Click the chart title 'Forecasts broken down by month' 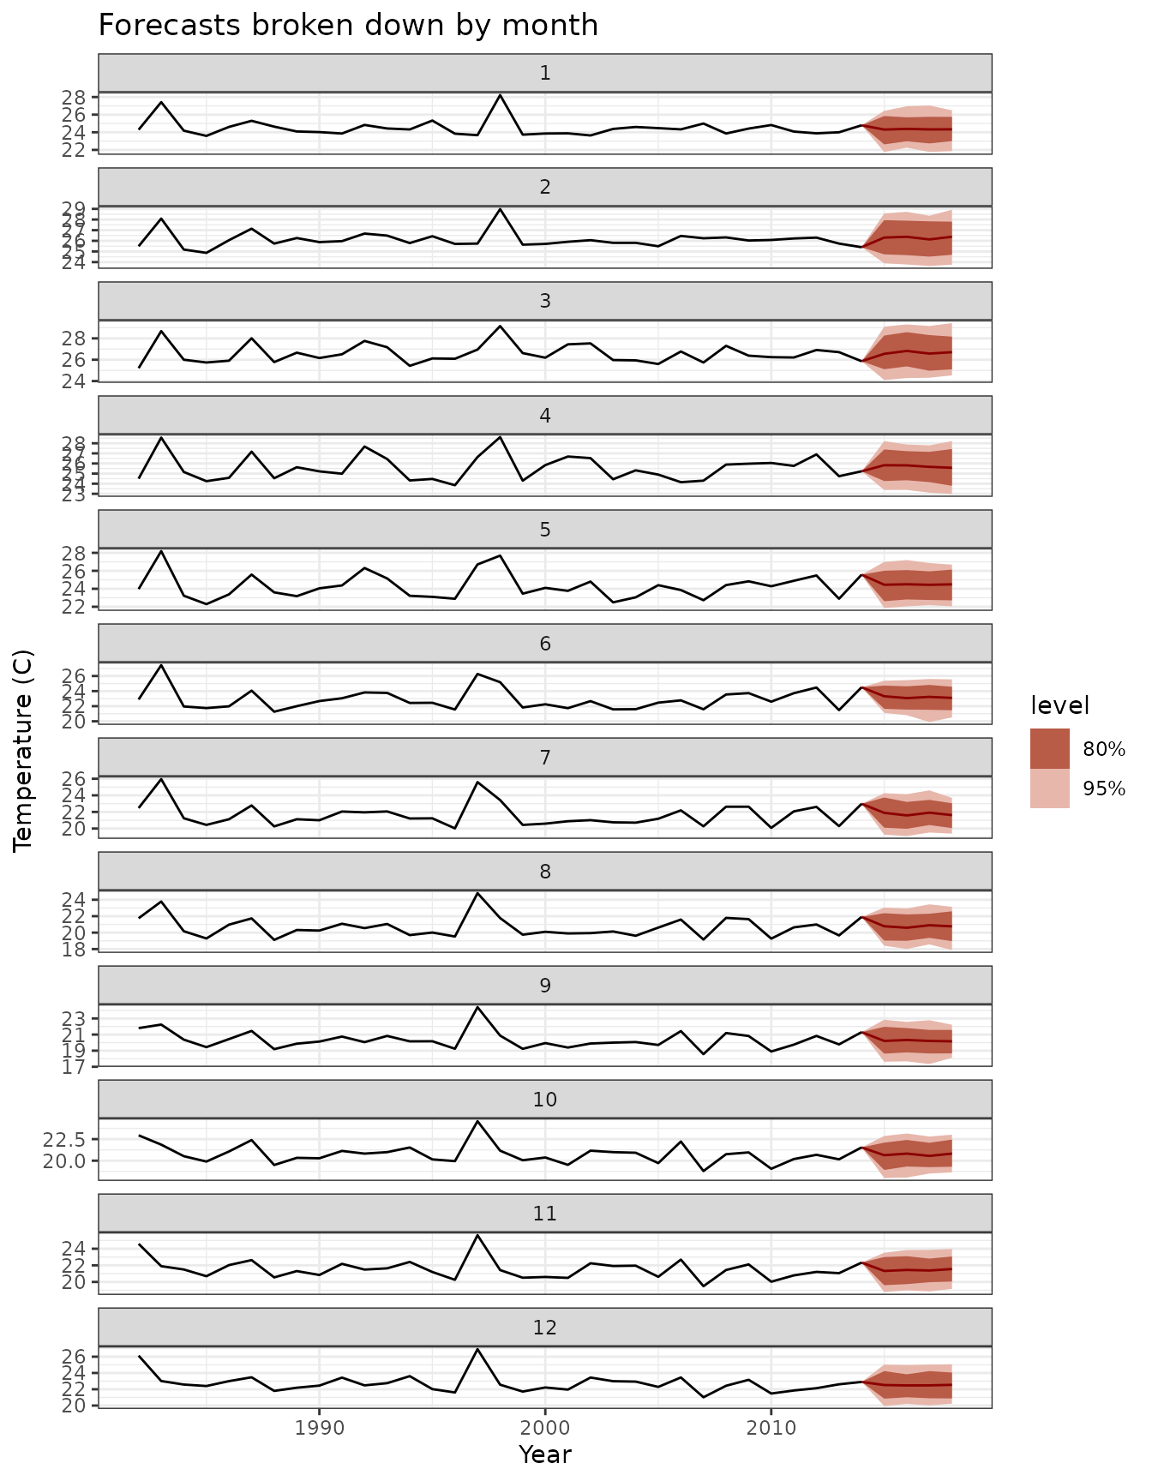pos(348,26)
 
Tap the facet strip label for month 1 pos(545,73)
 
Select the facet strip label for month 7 pos(545,757)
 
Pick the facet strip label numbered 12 pos(545,1328)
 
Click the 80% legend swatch pos(1049,749)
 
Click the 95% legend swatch pos(1049,788)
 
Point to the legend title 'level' pos(1059,706)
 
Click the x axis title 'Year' pos(545,1454)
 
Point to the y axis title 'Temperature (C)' pos(24,750)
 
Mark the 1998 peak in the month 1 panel pos(500,95)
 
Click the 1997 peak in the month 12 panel pos(477,1350)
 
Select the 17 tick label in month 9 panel pos(83,1067)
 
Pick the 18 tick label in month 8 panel pos(83,949)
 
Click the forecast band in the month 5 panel pos(917,585)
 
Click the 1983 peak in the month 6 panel pos(161,665)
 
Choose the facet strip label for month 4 pos(545,415)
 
